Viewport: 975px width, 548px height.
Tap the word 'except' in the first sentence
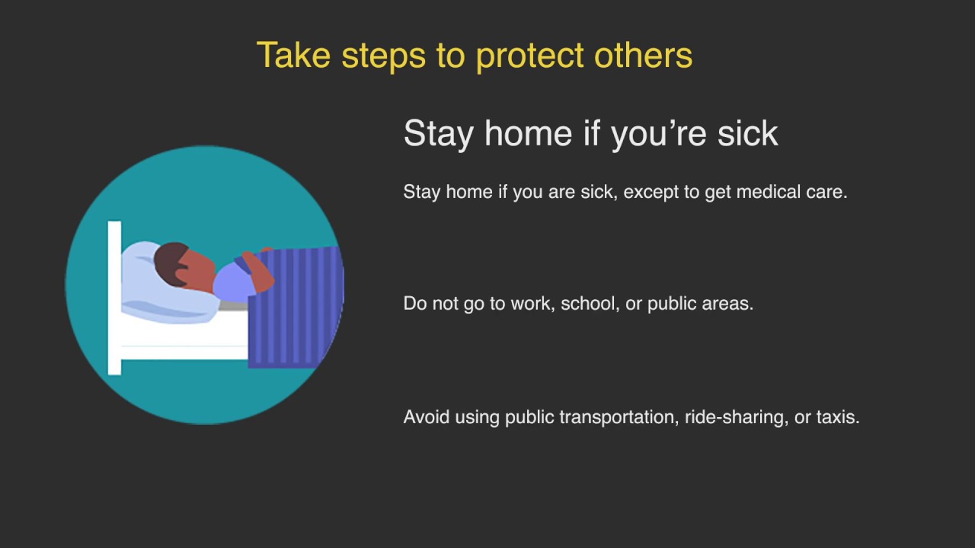[651, 193]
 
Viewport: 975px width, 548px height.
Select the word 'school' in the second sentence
[588, 304]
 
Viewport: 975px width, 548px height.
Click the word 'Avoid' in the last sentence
[427, 417]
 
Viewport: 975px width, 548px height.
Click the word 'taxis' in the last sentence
[837, 417]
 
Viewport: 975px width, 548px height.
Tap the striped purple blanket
[297, 312]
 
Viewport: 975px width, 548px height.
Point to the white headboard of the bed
[114, 297]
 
